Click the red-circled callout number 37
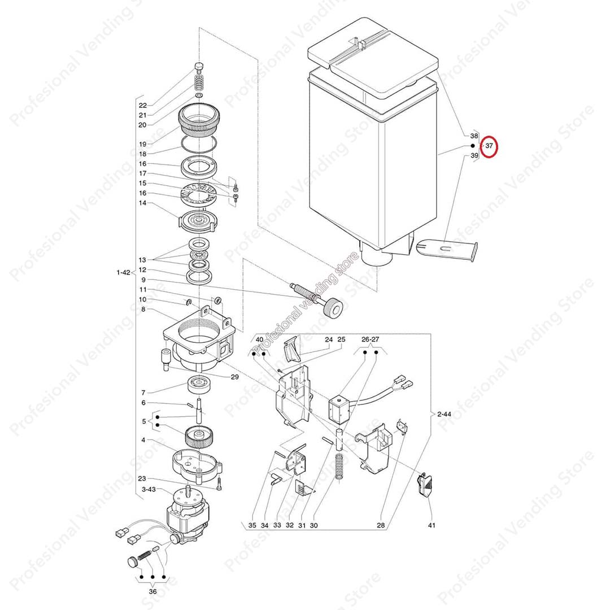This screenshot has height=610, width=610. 489,146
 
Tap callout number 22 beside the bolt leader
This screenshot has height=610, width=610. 143,106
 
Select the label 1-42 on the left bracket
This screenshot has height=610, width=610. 123,272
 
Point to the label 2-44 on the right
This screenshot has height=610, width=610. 444,414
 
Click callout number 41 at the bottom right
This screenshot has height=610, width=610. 432,525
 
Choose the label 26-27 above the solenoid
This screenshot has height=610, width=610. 370,339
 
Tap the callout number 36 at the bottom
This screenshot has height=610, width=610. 153,591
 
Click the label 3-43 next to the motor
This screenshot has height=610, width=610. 149,489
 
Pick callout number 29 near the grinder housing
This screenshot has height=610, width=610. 234,377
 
